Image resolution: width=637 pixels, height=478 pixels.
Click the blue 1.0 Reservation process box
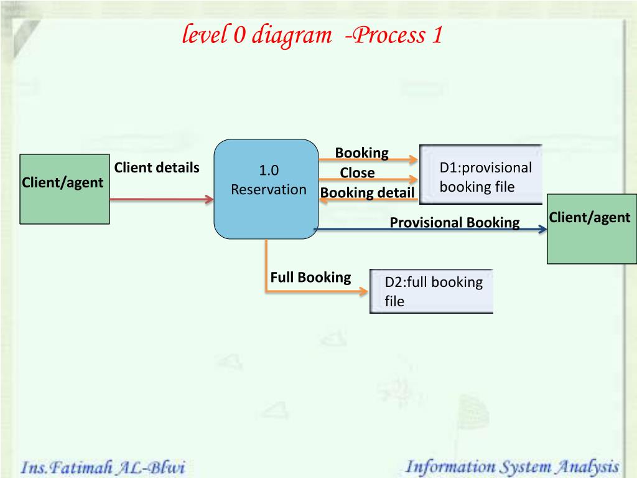pos(266,189)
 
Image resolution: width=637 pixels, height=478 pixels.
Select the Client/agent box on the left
pos(65,189)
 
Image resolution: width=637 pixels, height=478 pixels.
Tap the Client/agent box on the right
pos(592,229)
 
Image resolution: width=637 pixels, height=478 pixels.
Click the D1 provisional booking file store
pos(481,174)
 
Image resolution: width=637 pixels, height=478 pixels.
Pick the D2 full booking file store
pos(432,291)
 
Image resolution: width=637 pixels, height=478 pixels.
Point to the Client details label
pos(157,167)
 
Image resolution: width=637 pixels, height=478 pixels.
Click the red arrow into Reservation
pos(162,199)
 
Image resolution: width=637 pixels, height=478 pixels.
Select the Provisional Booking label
pos(455,223)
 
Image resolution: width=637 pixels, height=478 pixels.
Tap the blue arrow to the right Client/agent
pos(430,229)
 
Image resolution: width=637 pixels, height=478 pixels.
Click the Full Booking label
pos(311,277)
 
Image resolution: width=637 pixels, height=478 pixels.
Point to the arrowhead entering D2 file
pos(363,291)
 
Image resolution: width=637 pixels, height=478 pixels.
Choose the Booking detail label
pos(367,193)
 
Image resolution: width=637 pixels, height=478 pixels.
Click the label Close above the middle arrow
pos(357,173)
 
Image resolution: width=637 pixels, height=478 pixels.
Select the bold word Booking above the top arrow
pos(361,153)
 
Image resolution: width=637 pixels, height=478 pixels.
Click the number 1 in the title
pos(437,35)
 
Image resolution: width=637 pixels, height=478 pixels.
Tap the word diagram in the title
pos(292,35)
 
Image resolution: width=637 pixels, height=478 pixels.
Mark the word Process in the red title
pos(389,35)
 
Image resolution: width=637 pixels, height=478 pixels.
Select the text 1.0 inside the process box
pos(269,171)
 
